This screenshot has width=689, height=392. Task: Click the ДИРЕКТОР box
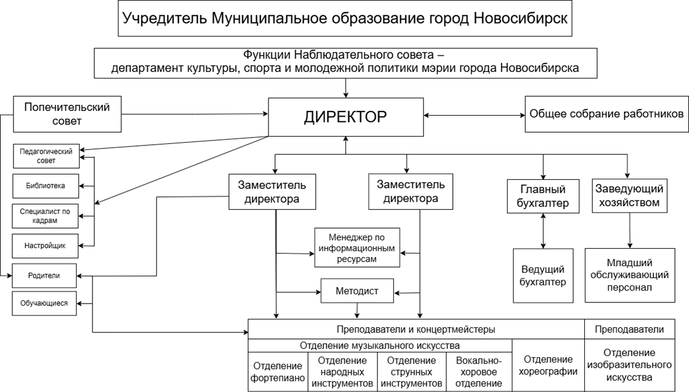[x=346, y=117]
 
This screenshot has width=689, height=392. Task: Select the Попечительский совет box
[x=67, y=114]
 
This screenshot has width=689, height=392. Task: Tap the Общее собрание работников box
[x=607, y=114]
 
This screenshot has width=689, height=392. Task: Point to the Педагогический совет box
[x=45, y=156]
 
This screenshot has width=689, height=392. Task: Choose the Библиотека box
[x=45, y=186]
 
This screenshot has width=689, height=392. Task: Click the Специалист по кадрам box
[x=45, y=216]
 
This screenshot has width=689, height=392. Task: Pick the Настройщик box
[x=45, y=245]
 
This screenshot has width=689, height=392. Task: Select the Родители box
[x=44, y=275]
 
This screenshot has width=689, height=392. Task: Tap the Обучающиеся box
[x=44, y=304]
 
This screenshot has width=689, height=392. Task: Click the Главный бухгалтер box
[x=543, y=197]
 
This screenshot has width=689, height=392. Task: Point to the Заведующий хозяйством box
[x=630, y=196]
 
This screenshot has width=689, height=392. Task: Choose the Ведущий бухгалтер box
[x=543, y=275]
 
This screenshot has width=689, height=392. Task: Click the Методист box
[x=357, y=291]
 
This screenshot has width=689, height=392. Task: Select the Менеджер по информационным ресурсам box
[x=357, y=248]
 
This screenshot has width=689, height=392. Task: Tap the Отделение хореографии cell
[x=548, y=365]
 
